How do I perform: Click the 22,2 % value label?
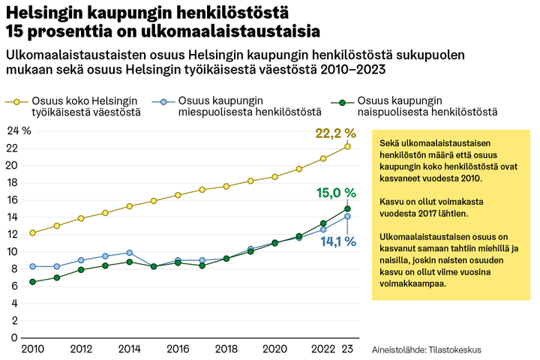[x=334, y=133]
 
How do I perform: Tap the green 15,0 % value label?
[x=334, y=193]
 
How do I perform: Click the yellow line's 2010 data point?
[x=32, y=232]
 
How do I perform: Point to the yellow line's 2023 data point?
[x=347, y=146]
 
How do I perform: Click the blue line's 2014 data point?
[x=129, y=253]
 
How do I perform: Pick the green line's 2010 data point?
[x=32, y=282]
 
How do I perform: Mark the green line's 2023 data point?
[x=347, y=208]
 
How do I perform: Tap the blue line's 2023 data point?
[x=347, y=216]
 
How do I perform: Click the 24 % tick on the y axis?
[x=19, y=130]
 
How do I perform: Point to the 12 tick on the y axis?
[x=12, y=234]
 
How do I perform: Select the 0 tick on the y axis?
[x=14, y=337]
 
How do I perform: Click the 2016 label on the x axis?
[x=178, y=349]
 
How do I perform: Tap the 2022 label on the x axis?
[x=322, y=349]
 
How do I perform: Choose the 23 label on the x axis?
[x=348, y=349]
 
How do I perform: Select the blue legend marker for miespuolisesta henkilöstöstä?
[x=159, y=100]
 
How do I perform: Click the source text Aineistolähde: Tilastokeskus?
[x=426, y=349]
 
